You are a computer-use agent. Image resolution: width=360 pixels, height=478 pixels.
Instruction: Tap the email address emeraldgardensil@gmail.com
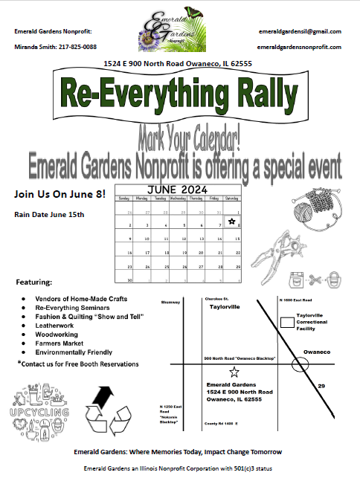[300, 31]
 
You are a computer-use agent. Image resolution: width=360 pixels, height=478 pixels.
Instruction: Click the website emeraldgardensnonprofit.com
[300, 47]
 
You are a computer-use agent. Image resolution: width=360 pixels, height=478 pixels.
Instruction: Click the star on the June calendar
[231, 222]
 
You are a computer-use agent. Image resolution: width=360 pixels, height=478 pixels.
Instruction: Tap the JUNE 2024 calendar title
[179, 190]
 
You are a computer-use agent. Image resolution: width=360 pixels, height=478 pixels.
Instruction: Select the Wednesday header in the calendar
[179, 198]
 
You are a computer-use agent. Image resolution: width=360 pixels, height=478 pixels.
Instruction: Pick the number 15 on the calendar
[237, 239]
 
